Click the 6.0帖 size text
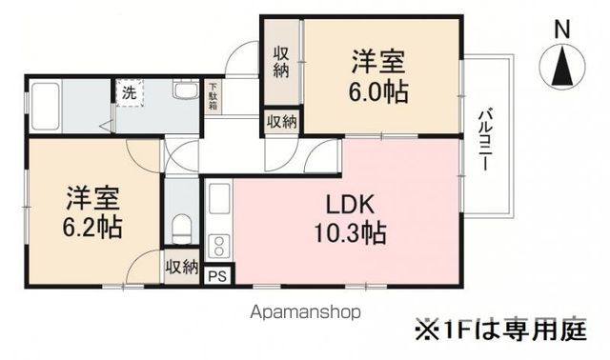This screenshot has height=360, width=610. point(377,93)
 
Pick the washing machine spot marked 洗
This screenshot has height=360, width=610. point(127,93)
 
